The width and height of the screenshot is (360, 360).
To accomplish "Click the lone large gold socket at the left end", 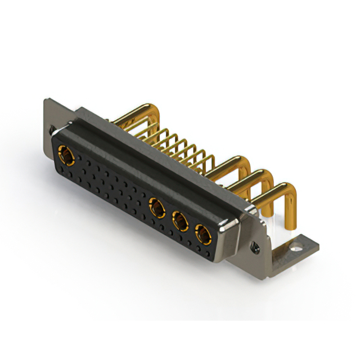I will point(66,155).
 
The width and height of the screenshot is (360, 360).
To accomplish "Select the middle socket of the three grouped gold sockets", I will point(180,221).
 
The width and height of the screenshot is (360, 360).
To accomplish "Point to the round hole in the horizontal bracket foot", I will point(296,245).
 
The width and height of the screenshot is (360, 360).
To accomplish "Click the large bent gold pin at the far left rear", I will point(135,113).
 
